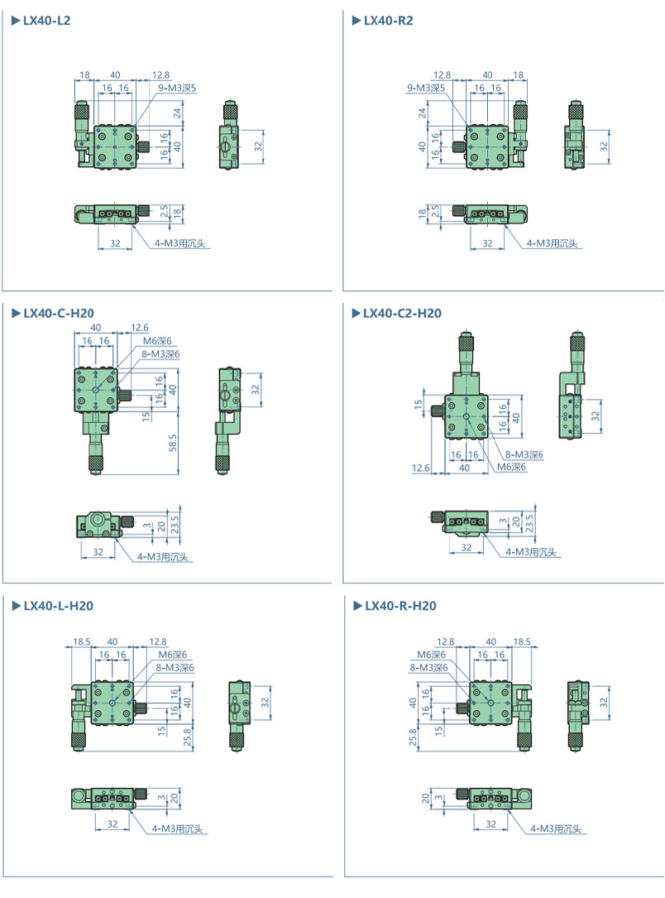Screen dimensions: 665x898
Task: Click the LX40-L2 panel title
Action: point(46,21)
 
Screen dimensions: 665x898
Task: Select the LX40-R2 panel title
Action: point(388,21)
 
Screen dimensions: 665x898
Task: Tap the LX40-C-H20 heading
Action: point(59,314)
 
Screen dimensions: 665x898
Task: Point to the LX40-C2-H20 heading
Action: point(402,314)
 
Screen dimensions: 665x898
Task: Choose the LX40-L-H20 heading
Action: point(59,606)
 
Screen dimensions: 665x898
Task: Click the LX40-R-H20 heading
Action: point(400,606)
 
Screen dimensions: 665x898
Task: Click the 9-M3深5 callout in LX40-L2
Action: point(177,88)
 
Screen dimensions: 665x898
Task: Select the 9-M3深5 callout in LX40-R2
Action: point(426,88)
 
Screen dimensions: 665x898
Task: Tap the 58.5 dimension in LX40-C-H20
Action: point(173,442)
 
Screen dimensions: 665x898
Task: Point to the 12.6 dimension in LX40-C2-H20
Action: point(421,468)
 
